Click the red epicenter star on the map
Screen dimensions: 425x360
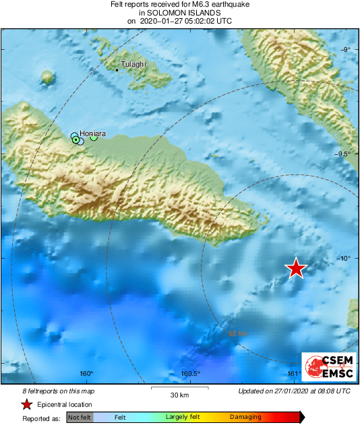[296, 268]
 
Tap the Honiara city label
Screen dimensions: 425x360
[92, 133]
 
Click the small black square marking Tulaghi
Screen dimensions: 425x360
[117, 70]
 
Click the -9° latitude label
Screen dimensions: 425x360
[345, 50]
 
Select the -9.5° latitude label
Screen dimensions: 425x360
[343, 154]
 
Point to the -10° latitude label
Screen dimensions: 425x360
[344, 259]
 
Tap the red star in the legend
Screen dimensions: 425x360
[26, 404]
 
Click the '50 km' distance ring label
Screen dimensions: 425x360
[237, 333]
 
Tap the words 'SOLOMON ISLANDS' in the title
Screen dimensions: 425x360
[179, 12]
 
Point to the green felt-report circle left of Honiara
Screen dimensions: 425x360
[76, 139]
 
